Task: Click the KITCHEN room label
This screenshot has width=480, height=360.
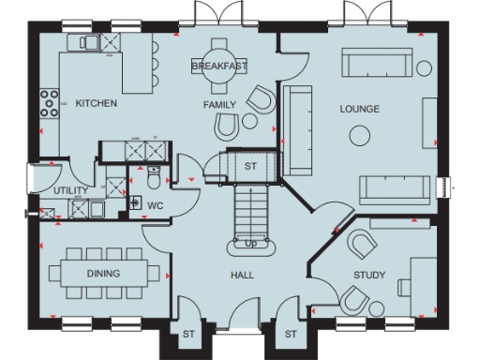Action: (x=96, y=104)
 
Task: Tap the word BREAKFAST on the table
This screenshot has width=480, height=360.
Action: (x=218, y=67)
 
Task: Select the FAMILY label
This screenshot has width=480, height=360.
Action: (x=219, y=105)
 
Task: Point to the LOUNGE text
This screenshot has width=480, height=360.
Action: (x=359, y=110)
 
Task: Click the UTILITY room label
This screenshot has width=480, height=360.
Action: (x=70, y=191)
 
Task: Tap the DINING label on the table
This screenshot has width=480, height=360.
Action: (x=103, y=274)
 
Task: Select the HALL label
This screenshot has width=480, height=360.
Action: (x=243, y=276)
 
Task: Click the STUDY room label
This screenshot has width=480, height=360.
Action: (x=368, y=275)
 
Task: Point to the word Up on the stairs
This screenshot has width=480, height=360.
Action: (x=250, y=244)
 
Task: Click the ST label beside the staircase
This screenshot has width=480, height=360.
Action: (x=250, y=166)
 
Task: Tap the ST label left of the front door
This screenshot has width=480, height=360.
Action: (x=188, y=334)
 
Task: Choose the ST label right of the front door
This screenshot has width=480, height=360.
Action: (x=291, y=334)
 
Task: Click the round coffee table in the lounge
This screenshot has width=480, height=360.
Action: (x=359, y=137)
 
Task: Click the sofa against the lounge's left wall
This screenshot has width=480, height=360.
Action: (x=300, y=128)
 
